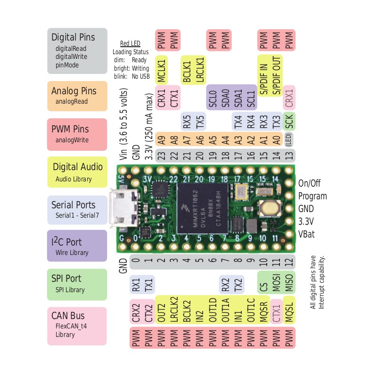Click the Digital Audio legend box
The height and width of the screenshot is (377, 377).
tap(77, 172)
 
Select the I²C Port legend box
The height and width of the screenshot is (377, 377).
tap(77, 246)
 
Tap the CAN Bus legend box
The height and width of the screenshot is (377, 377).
tap(77, 326)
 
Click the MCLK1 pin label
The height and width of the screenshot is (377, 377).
tap(161, 70)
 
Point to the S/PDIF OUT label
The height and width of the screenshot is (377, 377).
tap(277, 75)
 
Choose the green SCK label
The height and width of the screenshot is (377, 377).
tap(289, 122)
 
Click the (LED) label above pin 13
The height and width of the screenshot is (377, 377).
tap(289, 139)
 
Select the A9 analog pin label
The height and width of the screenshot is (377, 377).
tap(161, 140)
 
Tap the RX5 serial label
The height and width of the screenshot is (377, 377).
tap(187, 122)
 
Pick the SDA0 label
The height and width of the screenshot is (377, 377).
tap(225, 98)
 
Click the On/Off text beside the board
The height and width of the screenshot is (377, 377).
tap(309, 183)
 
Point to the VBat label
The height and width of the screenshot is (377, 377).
tap(306, 234)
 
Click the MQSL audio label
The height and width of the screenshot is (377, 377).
tap(289, 312)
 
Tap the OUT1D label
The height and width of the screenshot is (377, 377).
tap(213, 311)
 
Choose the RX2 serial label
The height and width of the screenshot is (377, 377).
tap(225, 285)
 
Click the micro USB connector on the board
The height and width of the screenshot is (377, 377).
tap(123, 208)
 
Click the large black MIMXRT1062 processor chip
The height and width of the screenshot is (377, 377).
tap(203, 208)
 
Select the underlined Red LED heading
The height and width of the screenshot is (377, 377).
tap(130, 43)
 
